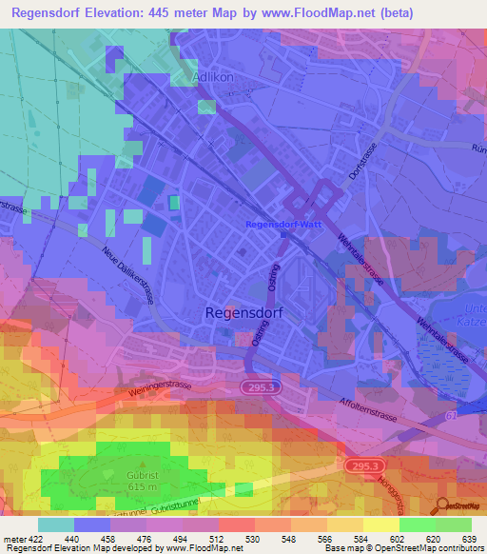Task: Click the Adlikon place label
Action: point(213,75)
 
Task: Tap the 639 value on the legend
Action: point(468,537)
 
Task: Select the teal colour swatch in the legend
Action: point(55,524)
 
